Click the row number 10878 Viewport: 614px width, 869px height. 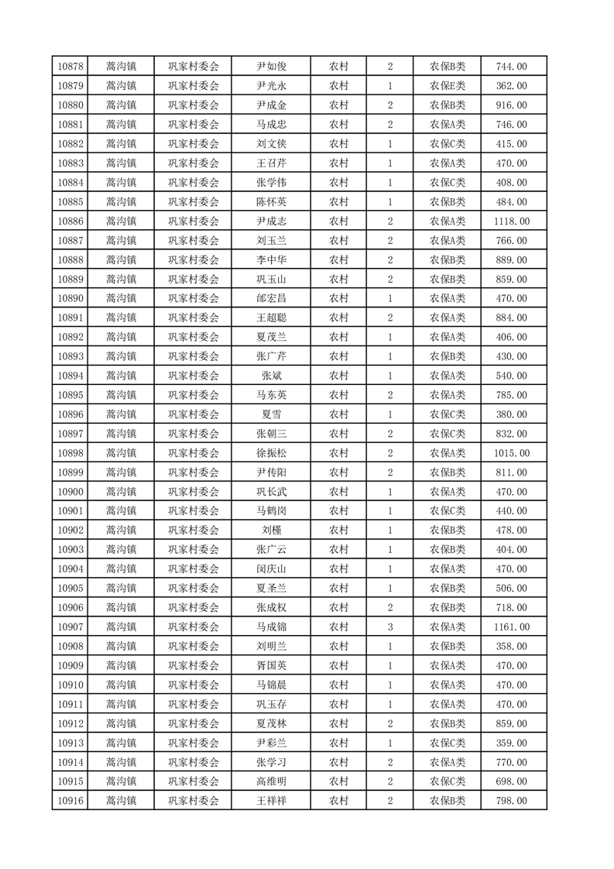click(x=70, y=67)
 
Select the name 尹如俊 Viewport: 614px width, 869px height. click(x=272, y=67)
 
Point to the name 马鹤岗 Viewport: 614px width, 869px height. click(x=272, y=510)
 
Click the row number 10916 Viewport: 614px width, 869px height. click(x=70, y=800)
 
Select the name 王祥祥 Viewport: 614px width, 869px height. click(x=272, y=800)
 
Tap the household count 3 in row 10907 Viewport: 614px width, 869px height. click(x=389, y=627)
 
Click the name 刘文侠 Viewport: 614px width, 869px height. click(x=272, y=144)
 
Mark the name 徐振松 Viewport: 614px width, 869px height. click(x=272, y=453)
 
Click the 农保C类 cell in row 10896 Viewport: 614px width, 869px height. click(x=448, y=414)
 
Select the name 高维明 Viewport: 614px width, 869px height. click(x=272, y=781)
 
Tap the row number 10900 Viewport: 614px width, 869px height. click(x=70, y=491)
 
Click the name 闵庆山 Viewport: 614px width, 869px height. click(x=272, y=568)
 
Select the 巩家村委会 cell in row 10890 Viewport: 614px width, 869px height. click(x=194, y=298)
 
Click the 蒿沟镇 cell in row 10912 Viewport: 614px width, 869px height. click(x=122, y=723)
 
